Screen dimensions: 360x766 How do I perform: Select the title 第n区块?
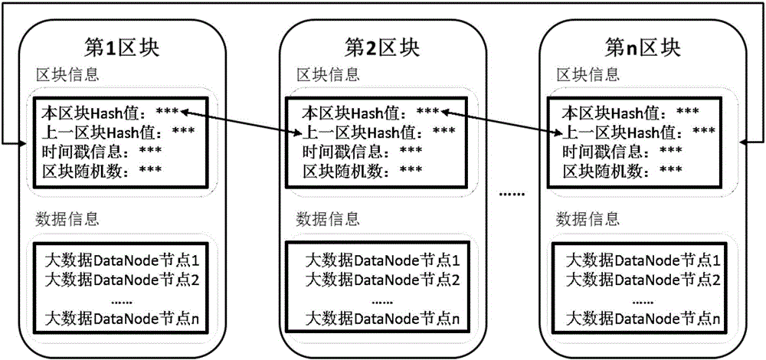(x=643, y=47)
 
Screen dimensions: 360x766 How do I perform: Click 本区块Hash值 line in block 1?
(x=111, y=113)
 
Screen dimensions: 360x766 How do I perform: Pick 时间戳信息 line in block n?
(x=622, y=150)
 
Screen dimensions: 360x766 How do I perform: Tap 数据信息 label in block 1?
(x=67, y=220)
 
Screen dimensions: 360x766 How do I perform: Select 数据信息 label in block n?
(x=588, y=220)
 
